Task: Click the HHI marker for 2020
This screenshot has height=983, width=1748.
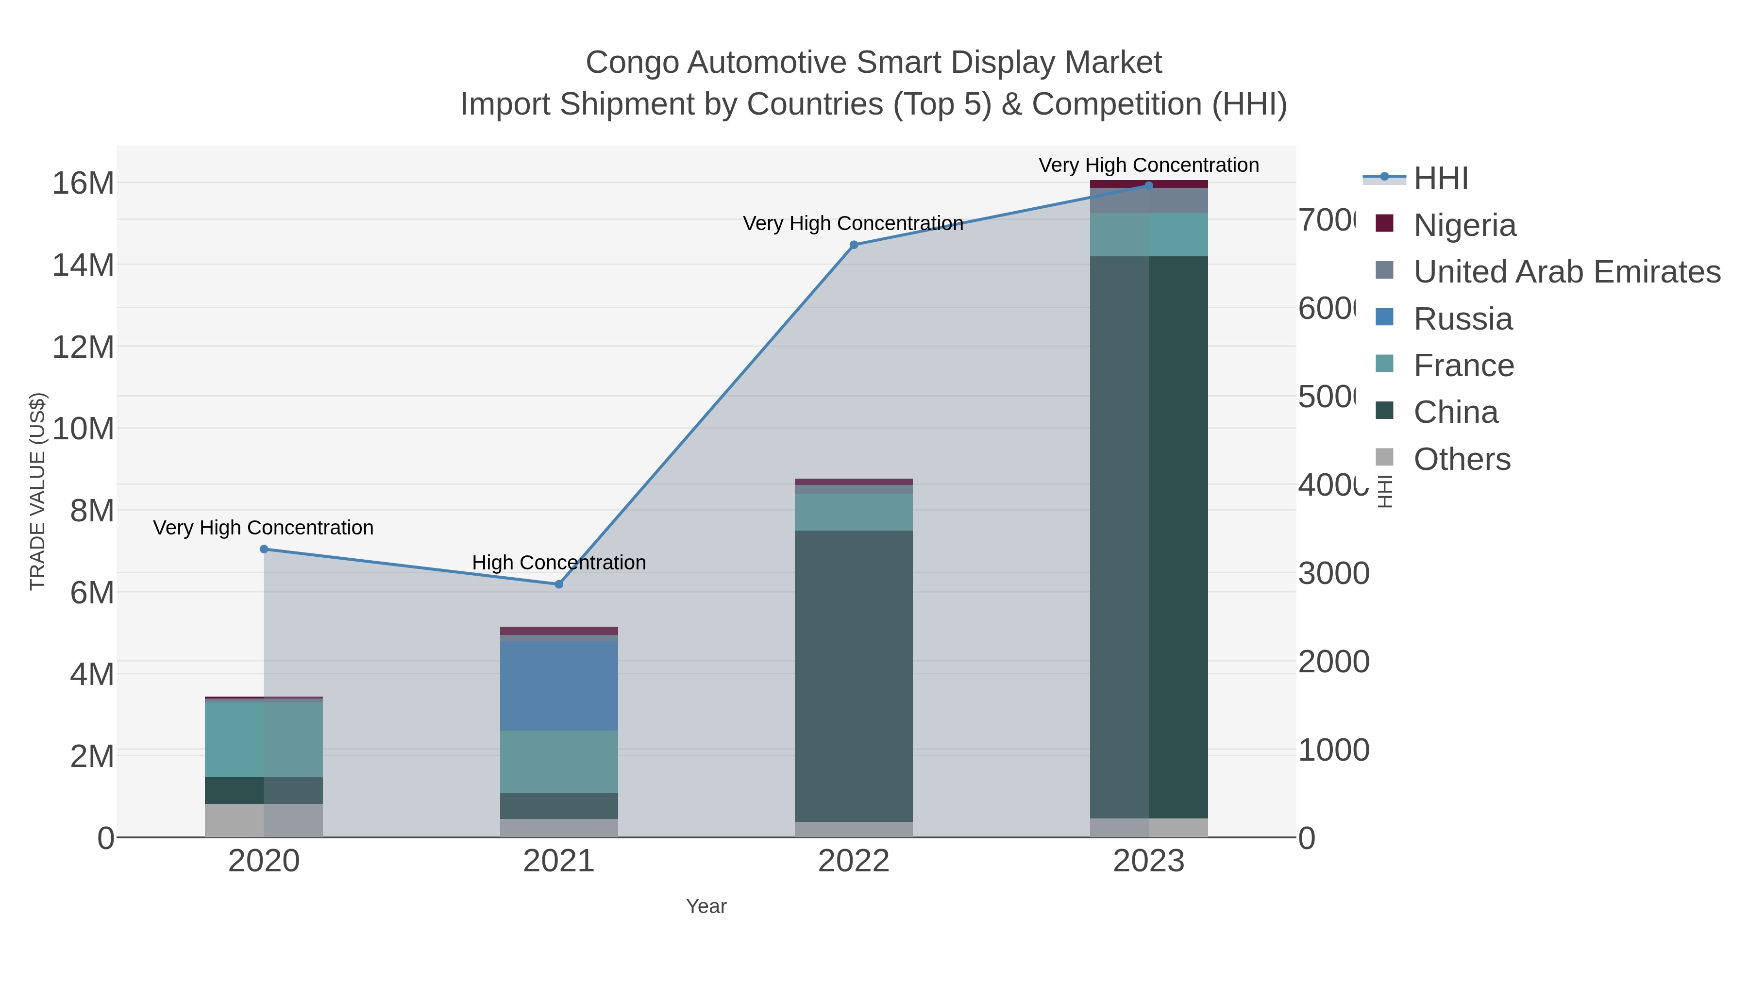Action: (x=264, y=549)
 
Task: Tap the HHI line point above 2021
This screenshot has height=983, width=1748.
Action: (x=559, y=584)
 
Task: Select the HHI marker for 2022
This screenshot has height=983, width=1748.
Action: (x=854, y=245)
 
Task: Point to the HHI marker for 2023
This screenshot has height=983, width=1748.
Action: (x=1149, y=185)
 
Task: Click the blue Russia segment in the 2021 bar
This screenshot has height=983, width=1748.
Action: (x=559, y=685)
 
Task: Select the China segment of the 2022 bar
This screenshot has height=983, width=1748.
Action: (x=854, y=675)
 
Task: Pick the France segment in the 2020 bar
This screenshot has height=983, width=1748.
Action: (x=264, y=739)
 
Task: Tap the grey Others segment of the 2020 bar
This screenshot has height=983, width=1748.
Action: (x=264, y=820)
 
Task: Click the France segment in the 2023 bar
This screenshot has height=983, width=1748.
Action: (x=1149, y=235)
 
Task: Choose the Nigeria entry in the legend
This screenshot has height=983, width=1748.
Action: (x=1464, y=225)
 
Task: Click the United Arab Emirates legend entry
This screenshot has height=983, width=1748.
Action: (x=1566, y=271)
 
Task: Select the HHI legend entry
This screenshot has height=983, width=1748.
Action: (x=1441, y=179)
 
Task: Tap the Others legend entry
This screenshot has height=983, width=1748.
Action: (x=1462, y=459)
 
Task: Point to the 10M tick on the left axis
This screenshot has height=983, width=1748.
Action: (x=83, y=429)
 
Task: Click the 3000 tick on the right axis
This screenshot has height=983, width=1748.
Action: (x=1333, y=574)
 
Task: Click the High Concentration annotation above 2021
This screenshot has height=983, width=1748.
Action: (x=559, y=563)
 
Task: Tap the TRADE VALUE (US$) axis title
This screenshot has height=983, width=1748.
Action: (x=37, y=491)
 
